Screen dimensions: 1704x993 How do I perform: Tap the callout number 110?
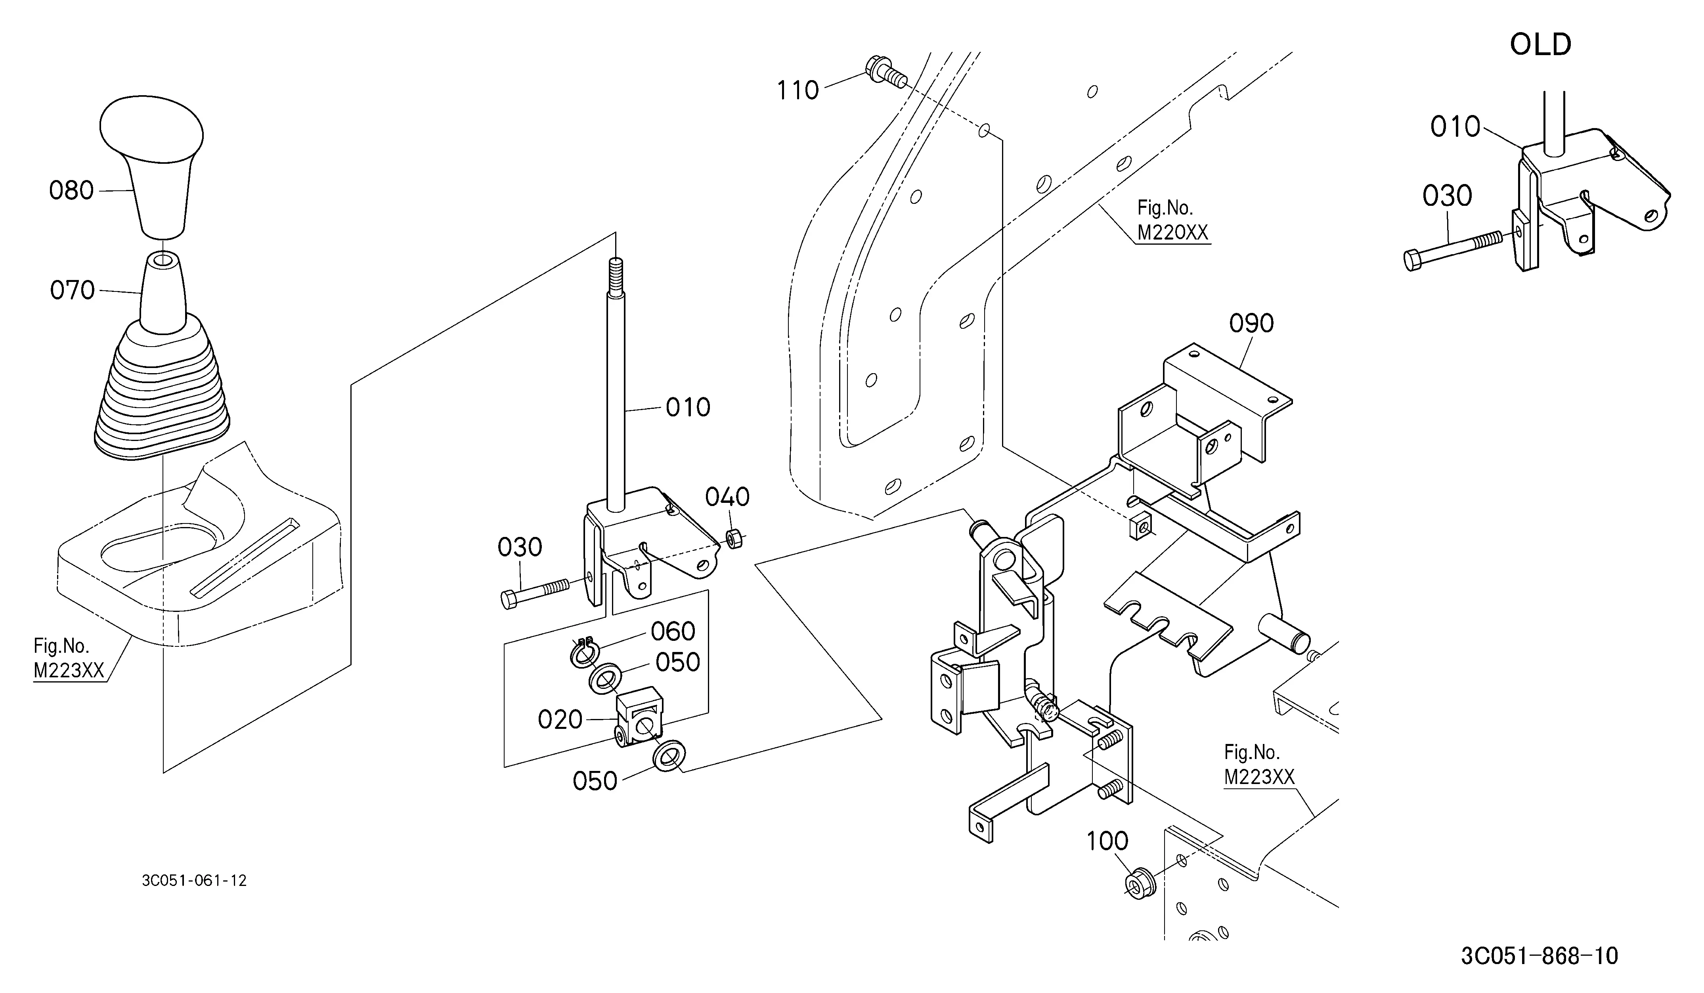click(798, 90)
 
